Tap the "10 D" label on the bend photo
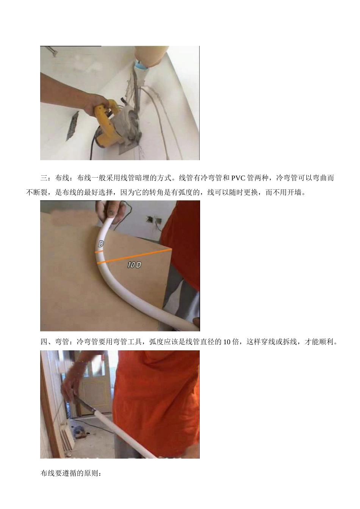[134, 265]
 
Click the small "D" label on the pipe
[101, 244]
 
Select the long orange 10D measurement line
[135, 256]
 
